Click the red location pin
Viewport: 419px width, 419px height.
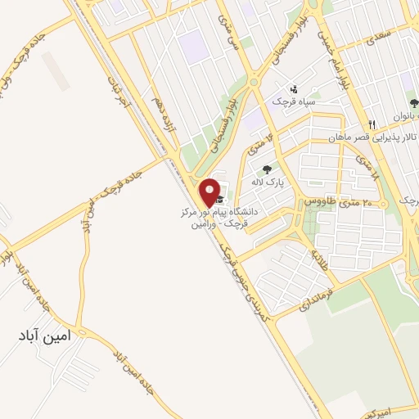[210, 191]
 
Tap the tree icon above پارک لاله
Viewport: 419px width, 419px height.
[266, 169]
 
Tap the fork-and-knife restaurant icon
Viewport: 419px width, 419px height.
[371, 124]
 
